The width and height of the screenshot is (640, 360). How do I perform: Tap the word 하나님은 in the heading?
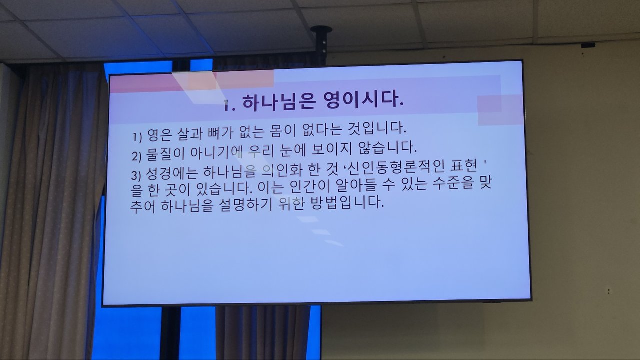point(278,102)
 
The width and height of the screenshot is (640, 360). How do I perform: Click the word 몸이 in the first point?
point(278,131)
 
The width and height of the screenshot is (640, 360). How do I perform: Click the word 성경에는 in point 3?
point(172,173)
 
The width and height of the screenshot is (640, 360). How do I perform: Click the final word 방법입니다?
point(347,203)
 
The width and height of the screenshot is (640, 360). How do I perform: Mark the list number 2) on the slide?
point(137,156)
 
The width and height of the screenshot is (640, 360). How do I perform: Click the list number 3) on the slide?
point(136,175)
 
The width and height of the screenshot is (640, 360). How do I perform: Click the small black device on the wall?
point(588,45)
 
